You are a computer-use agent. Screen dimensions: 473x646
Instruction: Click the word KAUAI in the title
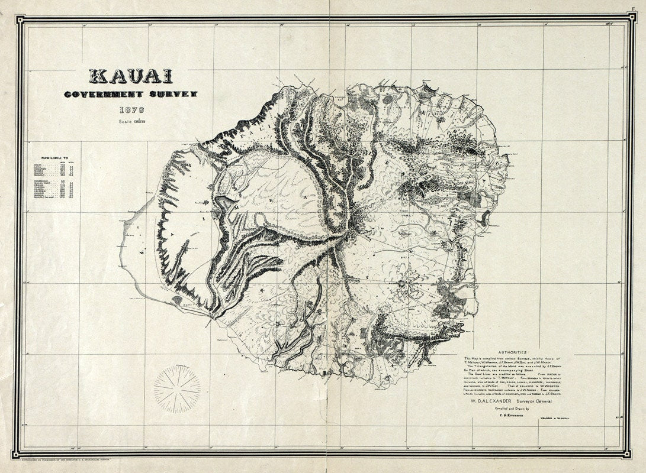click(130, 76)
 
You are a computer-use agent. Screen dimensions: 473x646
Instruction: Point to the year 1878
click(130, 110)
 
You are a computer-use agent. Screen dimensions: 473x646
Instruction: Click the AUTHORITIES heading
click(513, 352)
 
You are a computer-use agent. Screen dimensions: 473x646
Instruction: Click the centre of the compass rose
click(176, 389)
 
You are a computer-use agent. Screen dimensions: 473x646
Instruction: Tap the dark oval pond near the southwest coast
click(177, 300)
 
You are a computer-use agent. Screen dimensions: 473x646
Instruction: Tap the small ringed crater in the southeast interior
click(403, 284)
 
